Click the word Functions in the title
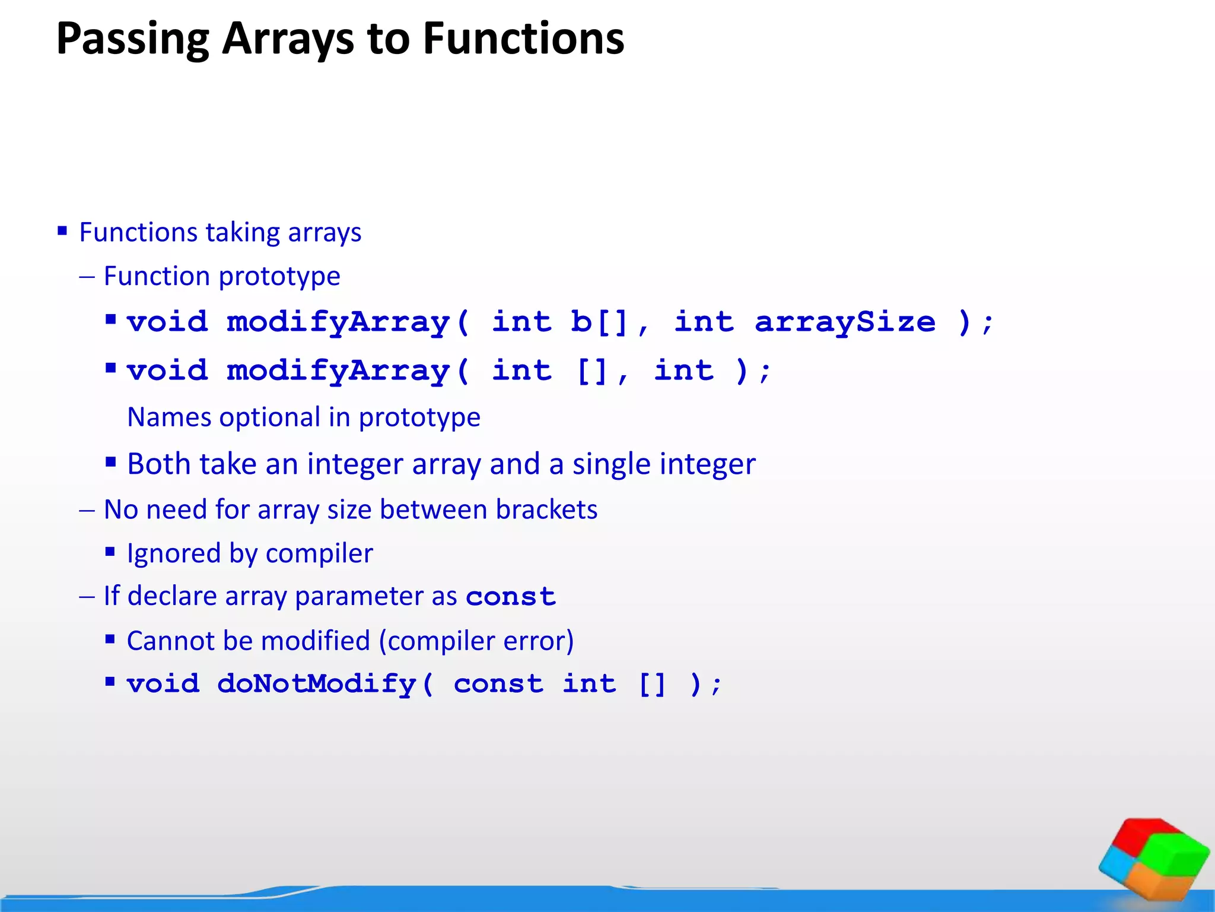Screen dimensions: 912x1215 [x=523, y=39]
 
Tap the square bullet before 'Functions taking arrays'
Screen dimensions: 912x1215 [x=62, y=230]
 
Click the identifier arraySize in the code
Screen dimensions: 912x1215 [x=845, y=322]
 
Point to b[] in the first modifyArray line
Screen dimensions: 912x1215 [x=599, y=322]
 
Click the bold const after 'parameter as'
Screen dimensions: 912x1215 [x=511, y=597]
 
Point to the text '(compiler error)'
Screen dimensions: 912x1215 [x=476, y=641]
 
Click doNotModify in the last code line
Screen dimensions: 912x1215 [x=317, y=684]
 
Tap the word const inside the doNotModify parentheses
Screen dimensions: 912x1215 [x=498, y=684]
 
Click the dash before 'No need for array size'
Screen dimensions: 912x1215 [x=87, y=511]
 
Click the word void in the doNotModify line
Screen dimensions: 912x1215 [x=163, y=684]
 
